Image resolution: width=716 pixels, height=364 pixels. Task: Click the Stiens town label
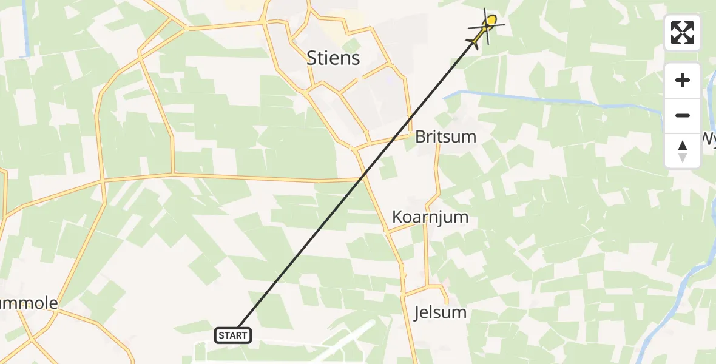333,58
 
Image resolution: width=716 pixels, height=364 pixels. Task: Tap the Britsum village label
445,136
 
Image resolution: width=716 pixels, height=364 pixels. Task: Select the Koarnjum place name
430,217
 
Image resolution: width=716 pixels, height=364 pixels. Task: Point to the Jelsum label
441,312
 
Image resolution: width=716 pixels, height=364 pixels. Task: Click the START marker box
232,335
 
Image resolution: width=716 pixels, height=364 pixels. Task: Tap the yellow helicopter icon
485,29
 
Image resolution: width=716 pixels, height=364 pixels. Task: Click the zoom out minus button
683,115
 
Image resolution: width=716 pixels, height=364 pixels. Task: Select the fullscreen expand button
683,33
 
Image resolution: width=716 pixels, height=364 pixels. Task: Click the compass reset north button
683,150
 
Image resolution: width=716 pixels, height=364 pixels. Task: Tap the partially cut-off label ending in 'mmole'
29,303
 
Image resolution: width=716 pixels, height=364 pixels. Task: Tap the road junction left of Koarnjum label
386,231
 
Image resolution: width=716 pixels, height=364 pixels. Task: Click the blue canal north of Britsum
546,99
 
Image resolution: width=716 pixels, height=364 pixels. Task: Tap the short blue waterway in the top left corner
25,30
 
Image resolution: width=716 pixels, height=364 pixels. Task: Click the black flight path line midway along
358,186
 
